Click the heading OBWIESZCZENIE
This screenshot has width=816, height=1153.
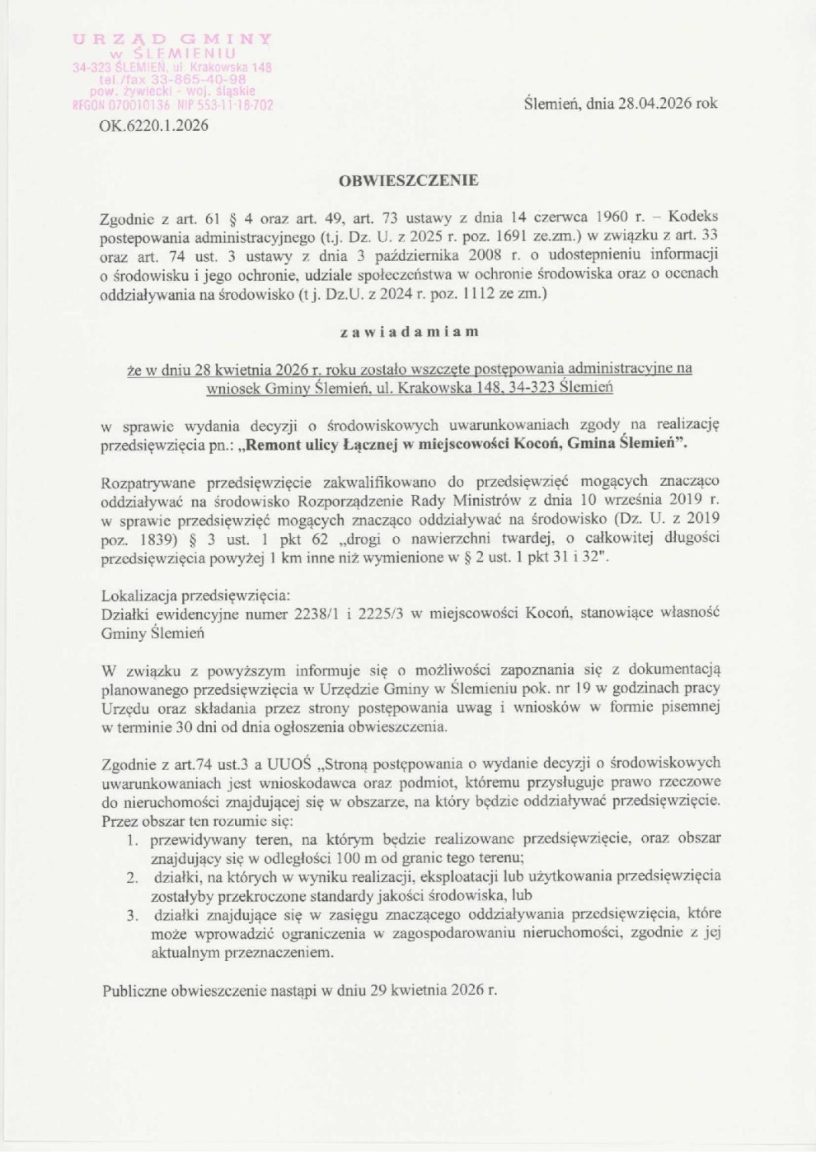(408, 180)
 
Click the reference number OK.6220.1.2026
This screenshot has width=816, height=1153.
(153, 125)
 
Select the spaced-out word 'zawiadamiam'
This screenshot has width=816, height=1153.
(409, 332)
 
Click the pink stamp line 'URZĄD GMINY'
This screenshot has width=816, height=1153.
(172, 40)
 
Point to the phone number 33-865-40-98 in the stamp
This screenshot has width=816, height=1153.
(198, 80)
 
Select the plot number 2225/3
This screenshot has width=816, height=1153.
(387, 614)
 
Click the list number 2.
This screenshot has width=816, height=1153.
(132, 877)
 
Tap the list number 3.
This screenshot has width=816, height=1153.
(132, 915)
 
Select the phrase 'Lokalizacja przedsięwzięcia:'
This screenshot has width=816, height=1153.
(195, 595)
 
